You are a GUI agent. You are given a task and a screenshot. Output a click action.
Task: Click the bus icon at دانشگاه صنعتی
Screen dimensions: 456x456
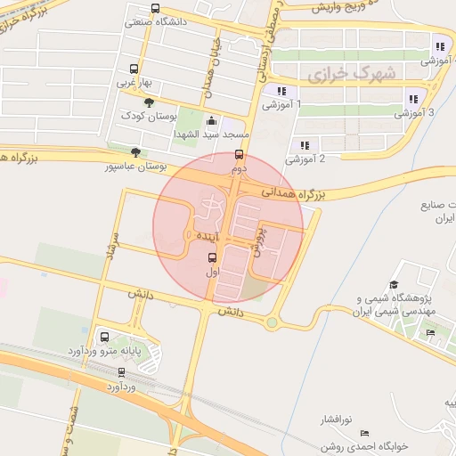click(156, 9)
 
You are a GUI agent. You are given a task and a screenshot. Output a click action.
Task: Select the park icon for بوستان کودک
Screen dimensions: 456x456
click(160, 103)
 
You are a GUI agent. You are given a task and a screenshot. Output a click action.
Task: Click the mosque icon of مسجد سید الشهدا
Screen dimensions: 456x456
click(211, 121)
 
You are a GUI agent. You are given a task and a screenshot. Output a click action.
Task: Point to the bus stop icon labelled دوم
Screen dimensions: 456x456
click(238, 155)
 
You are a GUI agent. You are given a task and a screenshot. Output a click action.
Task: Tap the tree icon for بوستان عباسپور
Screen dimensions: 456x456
click(134, 152)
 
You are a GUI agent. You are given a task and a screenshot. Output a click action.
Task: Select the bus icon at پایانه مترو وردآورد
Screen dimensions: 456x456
click(105, 338)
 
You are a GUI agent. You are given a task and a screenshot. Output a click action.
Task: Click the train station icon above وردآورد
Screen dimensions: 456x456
click(121, 372)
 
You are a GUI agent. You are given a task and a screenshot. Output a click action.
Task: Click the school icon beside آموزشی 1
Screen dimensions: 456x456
click(281, 91)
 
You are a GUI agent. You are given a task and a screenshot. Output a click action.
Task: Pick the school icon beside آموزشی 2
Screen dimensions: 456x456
click(305, 145)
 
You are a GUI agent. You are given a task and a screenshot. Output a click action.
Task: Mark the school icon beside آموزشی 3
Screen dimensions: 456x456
click(411, 99)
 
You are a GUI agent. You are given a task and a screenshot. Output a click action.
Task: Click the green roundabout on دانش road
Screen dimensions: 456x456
click(271, 322)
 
